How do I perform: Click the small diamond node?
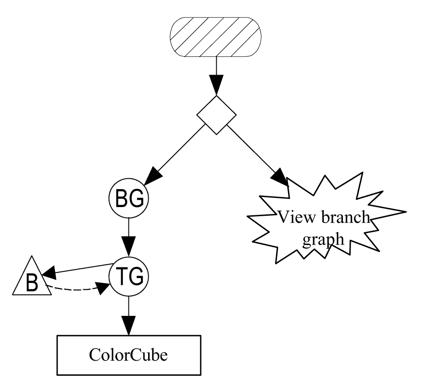coord(216,115)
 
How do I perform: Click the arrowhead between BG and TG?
coord(129,247)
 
